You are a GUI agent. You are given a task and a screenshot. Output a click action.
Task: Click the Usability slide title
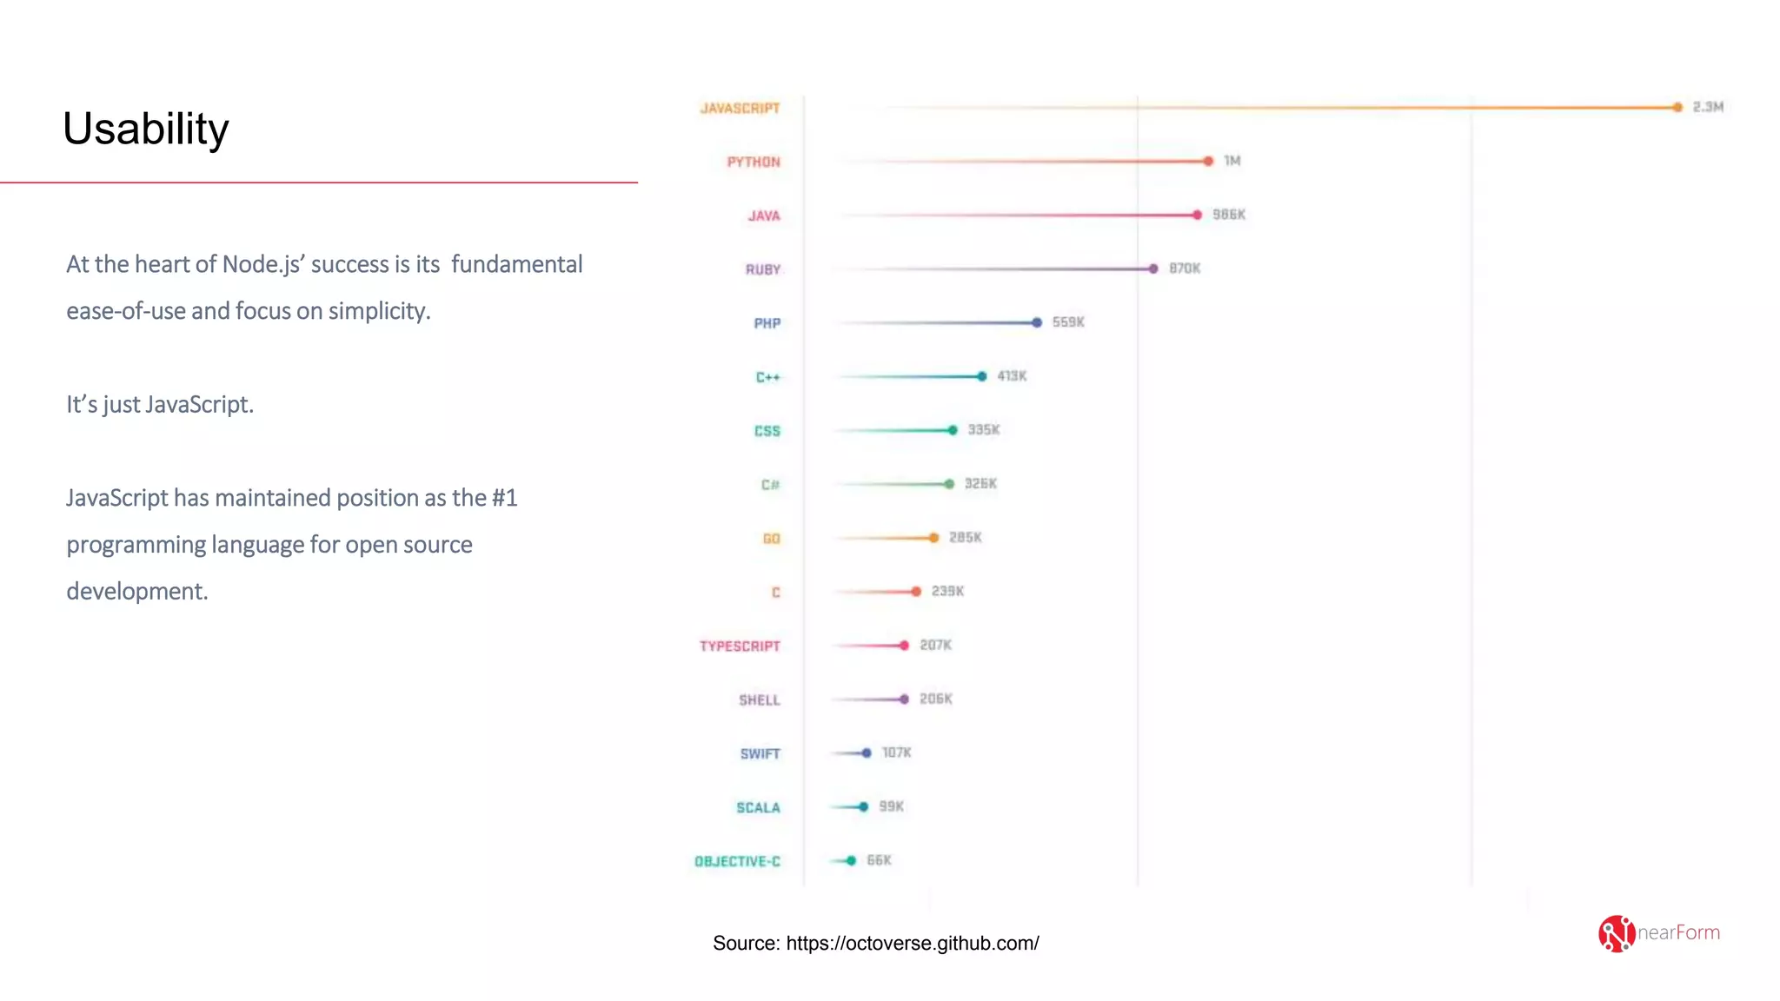145,129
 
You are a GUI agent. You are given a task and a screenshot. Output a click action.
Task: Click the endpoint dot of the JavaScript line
1677,107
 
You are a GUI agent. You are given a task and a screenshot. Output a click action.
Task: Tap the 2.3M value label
1707,107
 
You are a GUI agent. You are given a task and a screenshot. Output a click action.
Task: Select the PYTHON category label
753,162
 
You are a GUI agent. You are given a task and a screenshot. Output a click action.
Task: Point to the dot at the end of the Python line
1208,161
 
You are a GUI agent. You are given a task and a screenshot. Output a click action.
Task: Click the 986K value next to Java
1228,215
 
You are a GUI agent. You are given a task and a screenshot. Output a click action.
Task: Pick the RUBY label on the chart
762,269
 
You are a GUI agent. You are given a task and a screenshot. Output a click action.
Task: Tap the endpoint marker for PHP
1036,322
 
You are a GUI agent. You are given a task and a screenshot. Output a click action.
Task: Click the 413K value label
1011,376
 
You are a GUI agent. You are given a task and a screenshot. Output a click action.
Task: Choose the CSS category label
767,431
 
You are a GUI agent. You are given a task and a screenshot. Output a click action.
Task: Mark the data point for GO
933,538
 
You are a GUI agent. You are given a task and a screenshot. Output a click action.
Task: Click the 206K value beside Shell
935,699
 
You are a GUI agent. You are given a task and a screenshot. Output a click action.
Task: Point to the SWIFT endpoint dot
866,752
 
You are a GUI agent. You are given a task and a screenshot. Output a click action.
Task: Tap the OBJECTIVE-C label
737,861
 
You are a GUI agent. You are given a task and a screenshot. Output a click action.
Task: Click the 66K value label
878,860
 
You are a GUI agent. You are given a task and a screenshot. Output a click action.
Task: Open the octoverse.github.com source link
912,943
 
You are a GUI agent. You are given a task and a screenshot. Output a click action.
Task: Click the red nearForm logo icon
1616,933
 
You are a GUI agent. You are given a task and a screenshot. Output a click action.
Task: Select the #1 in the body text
503,498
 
